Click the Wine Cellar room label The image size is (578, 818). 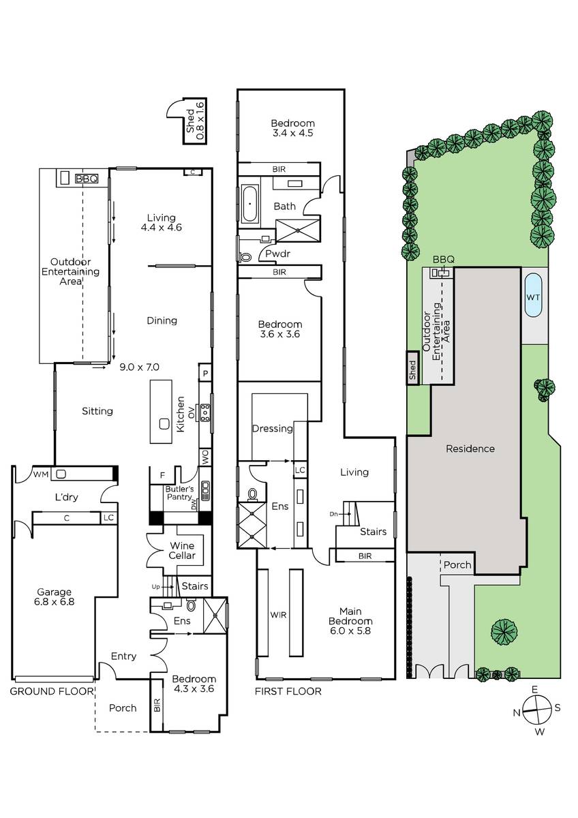pyautogui.click(x=182, y=550)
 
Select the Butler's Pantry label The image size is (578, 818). pyautogui.click(x=179, y=493)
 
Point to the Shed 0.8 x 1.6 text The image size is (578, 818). pyautogui.click(x=195, y=121)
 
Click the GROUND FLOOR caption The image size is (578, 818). pyautogui.click(x=52, y=691)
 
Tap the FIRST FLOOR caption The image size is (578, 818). pyautogui.click(x=288, y=691)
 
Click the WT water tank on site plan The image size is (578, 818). pyautogui.click(x=533, y=297)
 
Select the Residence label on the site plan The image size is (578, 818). pyautogui.click(x=470, y=449)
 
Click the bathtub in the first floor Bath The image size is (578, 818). pyautogui.click(x=249, y=204)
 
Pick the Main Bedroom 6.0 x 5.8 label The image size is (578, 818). pyautogui.click(x=350, y=621)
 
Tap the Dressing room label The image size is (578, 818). pyautogui.click(x=273, y=428)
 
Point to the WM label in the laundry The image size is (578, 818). pyautogui.click(x=40, y=474)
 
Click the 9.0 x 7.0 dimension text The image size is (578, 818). pyautogui.click(x=139, y=367)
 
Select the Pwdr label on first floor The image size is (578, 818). pyautogui.click(x=277, y=254)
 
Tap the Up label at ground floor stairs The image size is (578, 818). pyautogui.click(x=155, y=587)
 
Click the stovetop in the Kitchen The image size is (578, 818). pyautogui.click(x=205, y=412)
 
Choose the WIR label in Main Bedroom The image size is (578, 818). pyautogui.click(x=278, y=615)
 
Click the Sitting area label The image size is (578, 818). pyautogui.click(x=97, y=411)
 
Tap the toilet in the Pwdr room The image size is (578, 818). pyautogui.click(x=246, y=257)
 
